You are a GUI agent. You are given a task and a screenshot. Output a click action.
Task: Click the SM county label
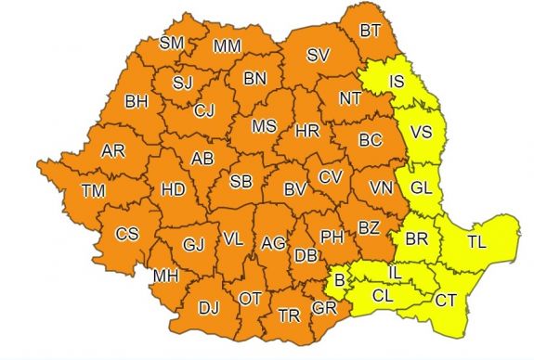[x=172, y=44]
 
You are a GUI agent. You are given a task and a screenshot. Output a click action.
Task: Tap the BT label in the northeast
[x=371, y=31]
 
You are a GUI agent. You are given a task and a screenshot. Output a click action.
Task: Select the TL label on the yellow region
[x=476, y=243]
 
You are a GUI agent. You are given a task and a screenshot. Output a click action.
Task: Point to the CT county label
[x=446, y=300]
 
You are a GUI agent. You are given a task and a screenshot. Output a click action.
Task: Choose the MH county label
[x=166, y=276]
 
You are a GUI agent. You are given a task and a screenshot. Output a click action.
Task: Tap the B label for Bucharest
[x=340, y=279]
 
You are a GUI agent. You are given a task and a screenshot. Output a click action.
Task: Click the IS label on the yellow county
[x=394, y=84]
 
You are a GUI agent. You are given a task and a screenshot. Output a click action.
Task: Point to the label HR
[x=307, y=132]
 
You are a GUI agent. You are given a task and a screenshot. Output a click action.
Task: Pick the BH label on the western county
[x=137, y=100]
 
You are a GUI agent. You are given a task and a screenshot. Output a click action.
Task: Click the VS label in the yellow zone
[x=421, y=133]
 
